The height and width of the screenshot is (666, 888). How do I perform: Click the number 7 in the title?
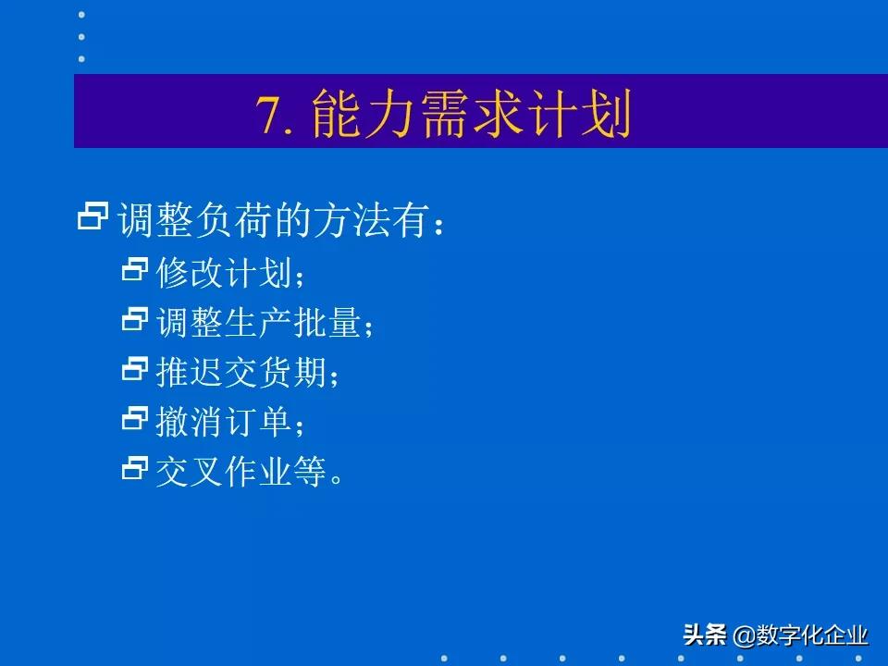point(268,116)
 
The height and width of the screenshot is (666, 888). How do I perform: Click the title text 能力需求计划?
point(472,115)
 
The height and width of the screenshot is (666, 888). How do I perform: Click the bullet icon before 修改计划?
point(135,269)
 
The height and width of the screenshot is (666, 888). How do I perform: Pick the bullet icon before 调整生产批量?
point(135,320)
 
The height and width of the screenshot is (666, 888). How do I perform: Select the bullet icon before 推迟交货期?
point(135,370)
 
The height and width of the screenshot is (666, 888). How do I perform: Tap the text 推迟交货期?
point(241,374)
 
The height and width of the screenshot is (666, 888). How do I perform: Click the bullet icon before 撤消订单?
point(135,420)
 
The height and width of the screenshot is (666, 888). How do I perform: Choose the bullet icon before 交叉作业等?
point(135,469)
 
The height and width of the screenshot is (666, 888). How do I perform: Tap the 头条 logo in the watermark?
point(705,635)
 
